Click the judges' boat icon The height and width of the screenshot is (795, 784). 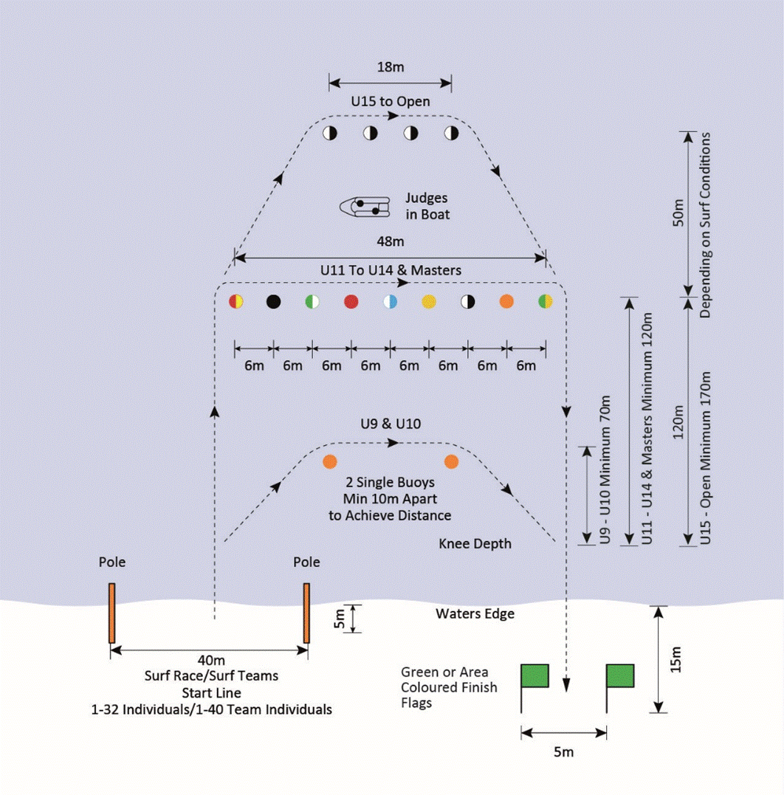point(365,207)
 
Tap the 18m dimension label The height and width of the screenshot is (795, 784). point(391,67)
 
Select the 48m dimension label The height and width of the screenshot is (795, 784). point(391,241)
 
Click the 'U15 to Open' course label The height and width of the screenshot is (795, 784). point(391,101)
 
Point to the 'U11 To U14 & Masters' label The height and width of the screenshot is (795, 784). point(391,270)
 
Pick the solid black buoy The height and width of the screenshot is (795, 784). point(274,301)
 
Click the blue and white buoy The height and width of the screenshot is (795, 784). point(390,301)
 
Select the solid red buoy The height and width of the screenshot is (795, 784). point(351,301)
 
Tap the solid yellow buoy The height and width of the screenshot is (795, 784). point(429,301)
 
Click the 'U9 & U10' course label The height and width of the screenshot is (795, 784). point(391,424)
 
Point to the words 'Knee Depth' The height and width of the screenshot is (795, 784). point(475,543)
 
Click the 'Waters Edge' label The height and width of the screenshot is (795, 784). point(475,613)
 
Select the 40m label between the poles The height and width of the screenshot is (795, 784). point(209,660)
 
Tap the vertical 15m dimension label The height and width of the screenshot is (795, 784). point(676,659)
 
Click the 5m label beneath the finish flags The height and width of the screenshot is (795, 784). point(563,752)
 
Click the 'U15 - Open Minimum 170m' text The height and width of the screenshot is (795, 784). point(705,458)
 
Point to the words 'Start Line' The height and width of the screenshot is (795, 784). point(211,692)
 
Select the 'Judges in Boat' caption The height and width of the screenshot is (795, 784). point(427,207)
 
